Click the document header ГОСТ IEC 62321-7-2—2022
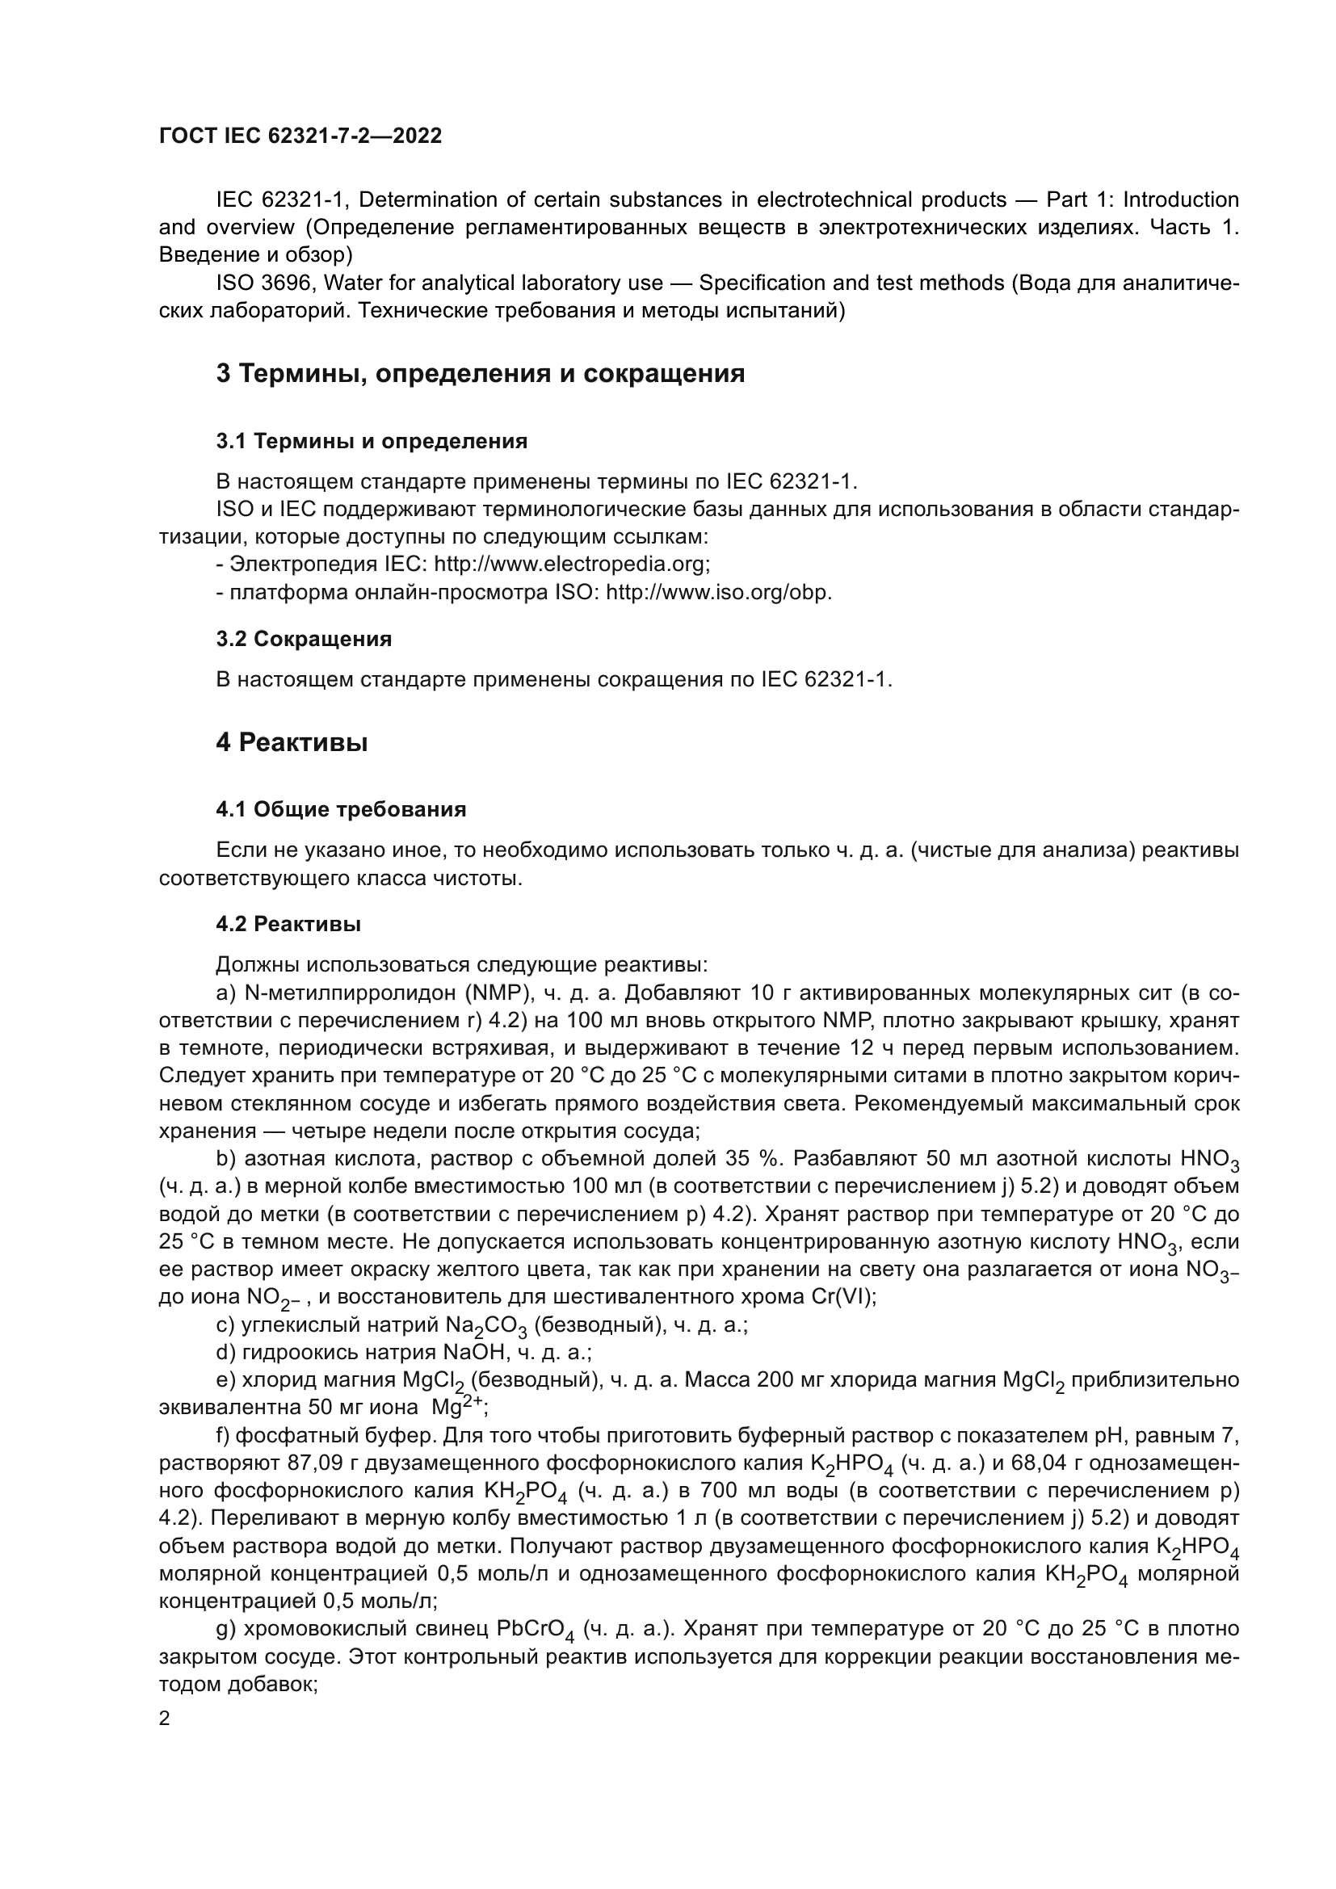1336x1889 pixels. click(x=300, y=136)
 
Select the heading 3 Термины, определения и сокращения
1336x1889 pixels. click(x=481, y=374)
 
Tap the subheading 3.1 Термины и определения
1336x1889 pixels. click(x=372, y=441)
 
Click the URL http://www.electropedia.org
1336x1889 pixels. click(x=571, y=565)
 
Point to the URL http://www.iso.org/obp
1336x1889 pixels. click(x=718, y=592)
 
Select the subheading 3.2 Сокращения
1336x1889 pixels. click(x=304, y=639)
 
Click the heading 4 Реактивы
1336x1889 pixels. click(x=292, y=742)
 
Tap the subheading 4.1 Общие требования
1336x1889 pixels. click(x=341, y=809)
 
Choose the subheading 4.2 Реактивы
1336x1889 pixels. click(x=288, y=924)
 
